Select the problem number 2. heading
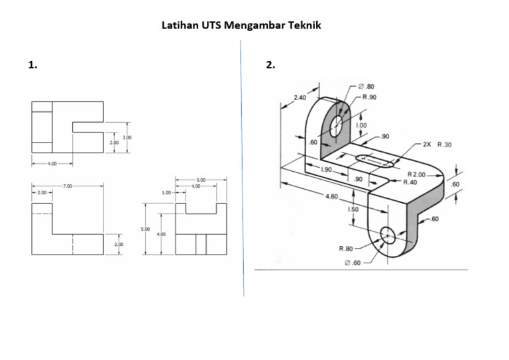tap(270, 66)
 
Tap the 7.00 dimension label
tap(68, 186)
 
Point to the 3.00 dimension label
tap(127, 137)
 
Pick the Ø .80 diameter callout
tap(366, 86)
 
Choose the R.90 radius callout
tap(369, 97)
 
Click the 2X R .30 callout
tap(435, 143)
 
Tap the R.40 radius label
tap(410, 182)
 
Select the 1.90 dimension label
tap(327, 170)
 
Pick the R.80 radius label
tap(346, 249)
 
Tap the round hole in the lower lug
tap(387, 233)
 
